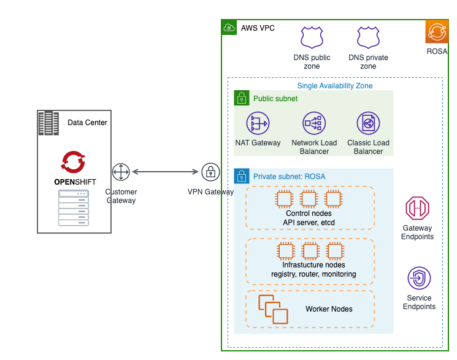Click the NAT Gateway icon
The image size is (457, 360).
pyautogui.click(x=258, y=123)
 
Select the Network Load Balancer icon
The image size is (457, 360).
pyautogui.click(x=314, y=123)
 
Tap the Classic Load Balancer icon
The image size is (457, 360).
pyautogui.click(x=368, y=123)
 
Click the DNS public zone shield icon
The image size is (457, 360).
pyautogui.click(x=312, y=37)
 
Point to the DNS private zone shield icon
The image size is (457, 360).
pyautogui.click(x=368, y=37)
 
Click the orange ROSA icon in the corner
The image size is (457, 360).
pyautogui.click(x=437, y=31)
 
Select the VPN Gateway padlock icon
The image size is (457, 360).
pyautogui.click(x=210, y=172)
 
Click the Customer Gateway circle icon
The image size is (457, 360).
pyautogui.click(x=121, y=172)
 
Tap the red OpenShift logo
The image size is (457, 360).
pyautogui.click(x=74, y=161)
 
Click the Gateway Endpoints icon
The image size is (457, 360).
pyautogui.click(x=418, y=209)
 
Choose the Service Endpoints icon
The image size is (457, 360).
pyautogui.click(x=419, y=278)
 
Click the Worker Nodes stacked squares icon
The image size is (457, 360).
pyautogui.click(x=272, y=309)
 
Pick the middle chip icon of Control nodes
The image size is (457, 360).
pyautogui.click(x=309, y=199)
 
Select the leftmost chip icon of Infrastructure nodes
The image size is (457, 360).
pyautogui.click(x=285, y=251)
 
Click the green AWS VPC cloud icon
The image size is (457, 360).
pyautogui.click(x=229, y=28)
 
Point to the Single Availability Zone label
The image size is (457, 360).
pyautogui.click(x=334, y=86)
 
